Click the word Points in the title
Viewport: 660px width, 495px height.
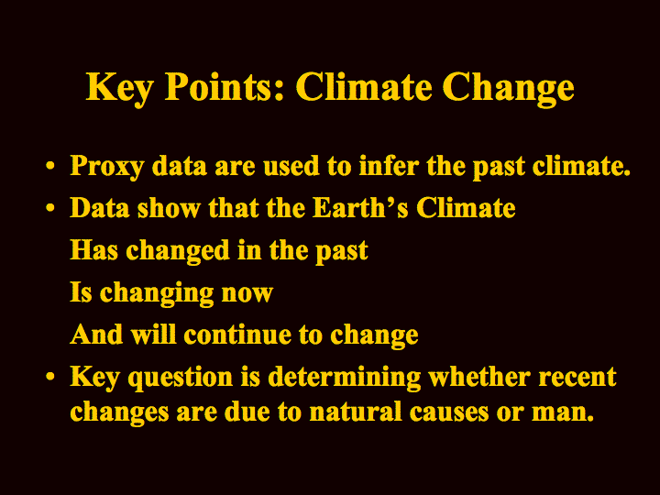tap(225, 87)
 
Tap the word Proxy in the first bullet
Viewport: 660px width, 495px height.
tap(107, 167)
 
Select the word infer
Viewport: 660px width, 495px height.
tap(389, 165)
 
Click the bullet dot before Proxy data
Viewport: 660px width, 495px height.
tap(50, 165)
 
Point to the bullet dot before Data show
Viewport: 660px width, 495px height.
tap(50, 207)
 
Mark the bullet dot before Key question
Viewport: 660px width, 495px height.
tap(50, 376)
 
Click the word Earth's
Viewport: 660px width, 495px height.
tap(361, 207)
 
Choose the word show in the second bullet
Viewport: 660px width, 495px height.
tap(169, 207)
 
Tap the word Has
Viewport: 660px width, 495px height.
tap(93, 250)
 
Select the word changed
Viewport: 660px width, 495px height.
tap(178, 251)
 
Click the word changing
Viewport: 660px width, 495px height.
tap(157, 293)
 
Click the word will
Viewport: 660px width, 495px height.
tap(153, 334)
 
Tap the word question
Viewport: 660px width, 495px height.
tap(181, 378)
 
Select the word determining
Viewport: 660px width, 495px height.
tap(345, 378)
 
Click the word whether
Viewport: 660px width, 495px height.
tap(479, 376)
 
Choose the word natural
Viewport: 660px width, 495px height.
tap(356, 412)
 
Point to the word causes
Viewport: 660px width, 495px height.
tap(449, 413)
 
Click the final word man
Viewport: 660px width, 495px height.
tap(563, 413)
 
